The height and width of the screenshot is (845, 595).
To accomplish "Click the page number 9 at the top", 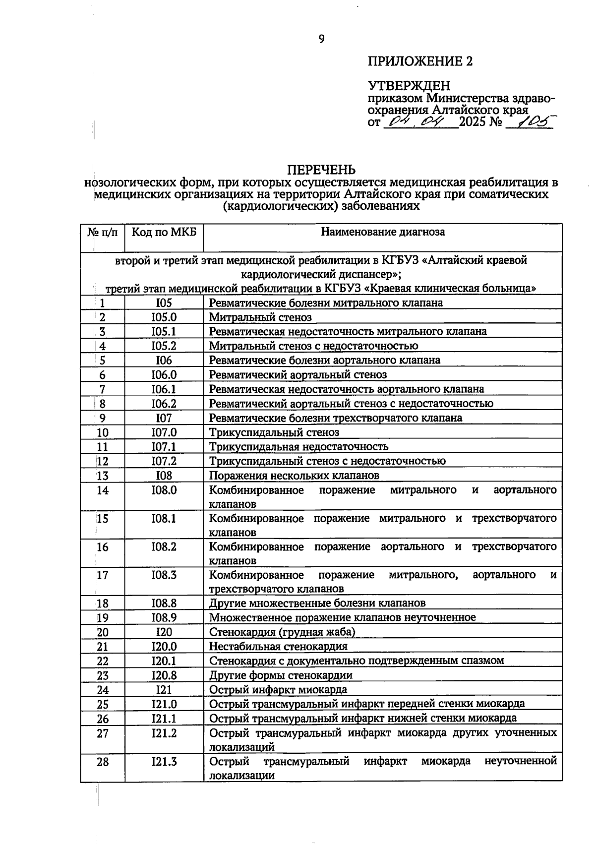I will point(321,39).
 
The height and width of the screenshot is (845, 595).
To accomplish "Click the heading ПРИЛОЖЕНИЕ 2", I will point(420,61).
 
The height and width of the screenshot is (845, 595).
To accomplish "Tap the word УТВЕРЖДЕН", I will point(409,86).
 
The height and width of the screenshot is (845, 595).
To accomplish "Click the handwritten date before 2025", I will point(420,121).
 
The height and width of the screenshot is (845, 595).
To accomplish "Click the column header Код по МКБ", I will point(164,232).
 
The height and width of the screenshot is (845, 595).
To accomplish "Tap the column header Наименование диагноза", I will point(383,232).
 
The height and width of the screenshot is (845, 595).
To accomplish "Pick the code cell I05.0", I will point(164,317).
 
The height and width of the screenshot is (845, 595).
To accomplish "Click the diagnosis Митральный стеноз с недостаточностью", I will point(313,346).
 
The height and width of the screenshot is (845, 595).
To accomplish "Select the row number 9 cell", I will point(103,418).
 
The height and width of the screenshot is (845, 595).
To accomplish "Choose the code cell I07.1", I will point(164,447).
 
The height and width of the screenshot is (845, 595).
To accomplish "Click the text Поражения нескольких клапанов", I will point(294,476).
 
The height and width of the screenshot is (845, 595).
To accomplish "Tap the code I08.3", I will point(164,575).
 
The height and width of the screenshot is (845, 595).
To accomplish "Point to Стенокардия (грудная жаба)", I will point(282,632).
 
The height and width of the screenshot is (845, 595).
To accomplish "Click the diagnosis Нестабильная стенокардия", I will point(278,647).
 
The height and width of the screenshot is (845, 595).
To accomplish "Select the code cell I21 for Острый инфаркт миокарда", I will point(164,690).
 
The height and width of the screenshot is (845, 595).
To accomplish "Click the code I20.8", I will point(164,675).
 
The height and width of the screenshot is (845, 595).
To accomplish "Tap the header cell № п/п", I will point(103,232).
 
